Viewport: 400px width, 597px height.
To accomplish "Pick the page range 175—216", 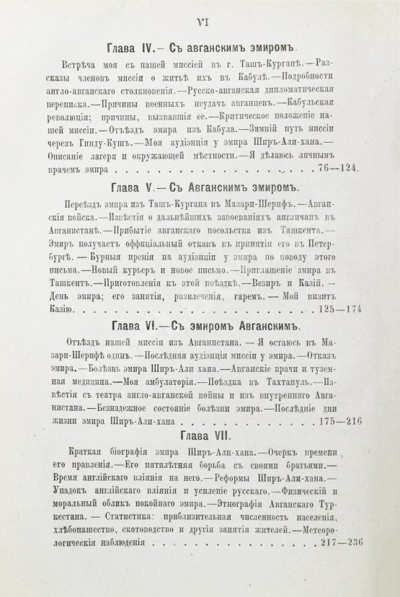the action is (x=339, y=420).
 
